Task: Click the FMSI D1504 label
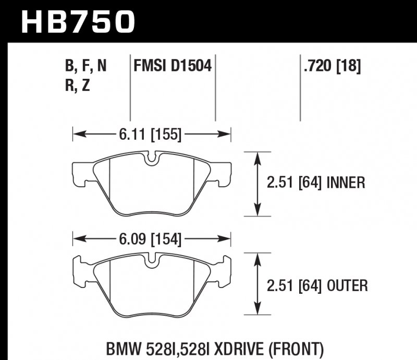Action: coord(173,66)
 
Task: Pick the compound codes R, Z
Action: coord(78,86)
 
